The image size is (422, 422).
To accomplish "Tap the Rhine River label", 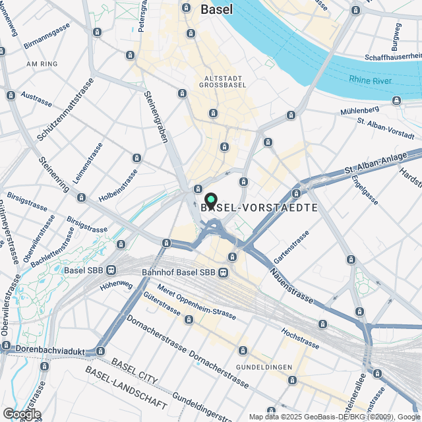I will coord(371,80).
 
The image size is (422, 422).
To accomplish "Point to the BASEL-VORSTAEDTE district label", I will coord(259,207).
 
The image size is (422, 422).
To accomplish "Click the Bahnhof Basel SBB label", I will coord(179,272).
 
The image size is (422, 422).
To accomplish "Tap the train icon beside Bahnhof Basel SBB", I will coord(224,272).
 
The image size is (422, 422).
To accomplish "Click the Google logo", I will coord(21,413).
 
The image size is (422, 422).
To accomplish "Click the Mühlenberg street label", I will coord(360,110).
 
